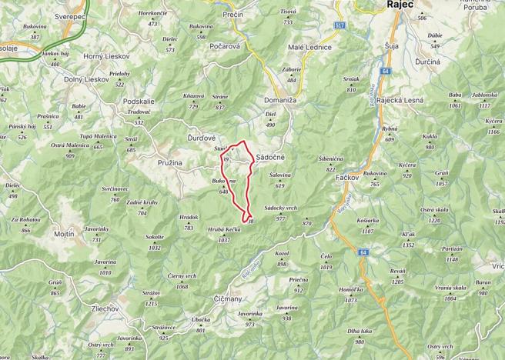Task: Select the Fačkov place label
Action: point(350,177)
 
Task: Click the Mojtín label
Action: point(64,233)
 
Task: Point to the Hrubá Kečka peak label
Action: point(224,234)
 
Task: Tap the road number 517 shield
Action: point(339,25)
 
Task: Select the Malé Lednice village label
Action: point(309,47)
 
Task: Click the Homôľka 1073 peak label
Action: point(351,295)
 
